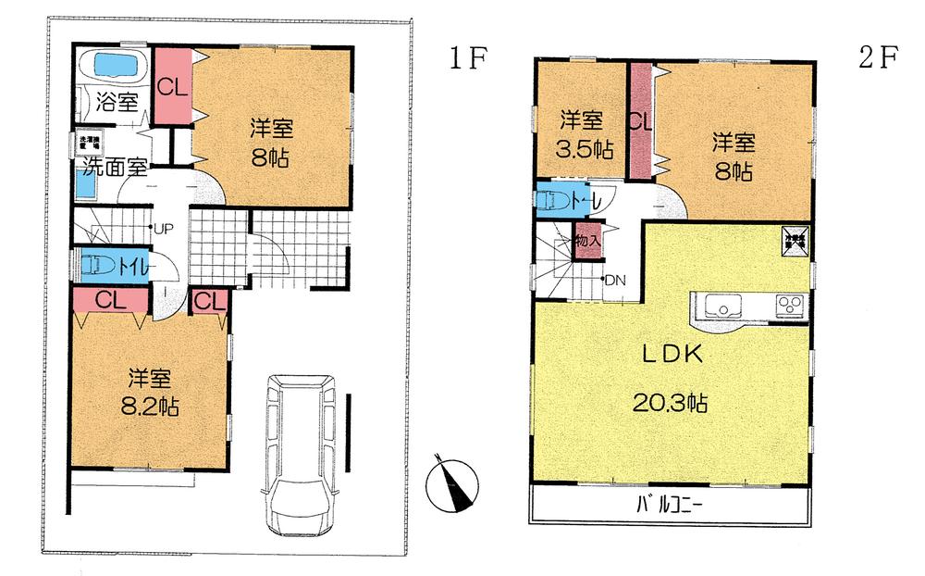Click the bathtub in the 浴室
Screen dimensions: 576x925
pos(110,67)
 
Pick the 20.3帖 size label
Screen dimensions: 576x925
pos(671,403)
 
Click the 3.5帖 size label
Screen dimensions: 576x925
pos(583,148)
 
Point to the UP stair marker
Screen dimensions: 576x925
pos(165,227)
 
